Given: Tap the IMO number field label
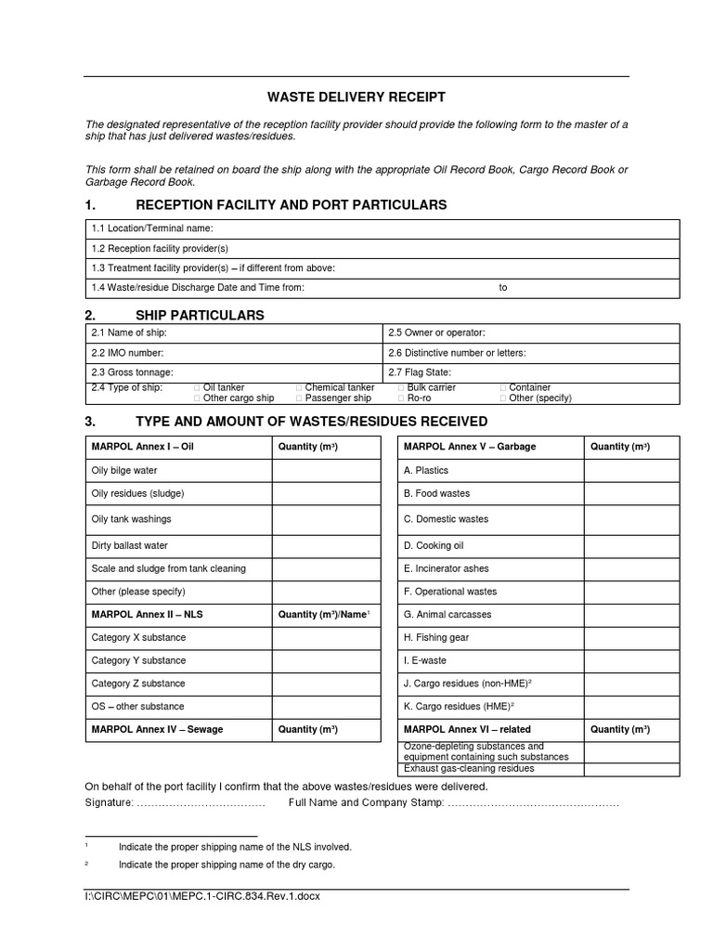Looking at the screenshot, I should [x=127, y=352].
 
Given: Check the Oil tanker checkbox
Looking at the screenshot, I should [x=197, y=387].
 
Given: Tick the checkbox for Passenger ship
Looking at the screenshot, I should [x=299, y=398].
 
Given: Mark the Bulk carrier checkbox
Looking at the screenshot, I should [x=401, y=387].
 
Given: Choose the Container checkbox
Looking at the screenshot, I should [x=503, y=387].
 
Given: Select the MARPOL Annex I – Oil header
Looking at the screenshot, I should [x=142, y=447].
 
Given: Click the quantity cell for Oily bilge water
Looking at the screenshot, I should [x=326, y=471].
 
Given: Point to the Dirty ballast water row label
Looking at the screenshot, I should [x=129, y=545].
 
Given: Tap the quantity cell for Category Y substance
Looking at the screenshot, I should [x=326, y=660].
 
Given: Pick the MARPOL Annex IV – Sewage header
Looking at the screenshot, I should [x=157, y=729].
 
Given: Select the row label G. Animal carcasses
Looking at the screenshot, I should [x=447, y=615].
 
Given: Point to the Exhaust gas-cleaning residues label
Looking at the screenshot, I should [x=469, y=768].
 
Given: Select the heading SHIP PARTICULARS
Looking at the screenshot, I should [x=200, y=316].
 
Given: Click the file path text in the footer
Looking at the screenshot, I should [x=203, y=896].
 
